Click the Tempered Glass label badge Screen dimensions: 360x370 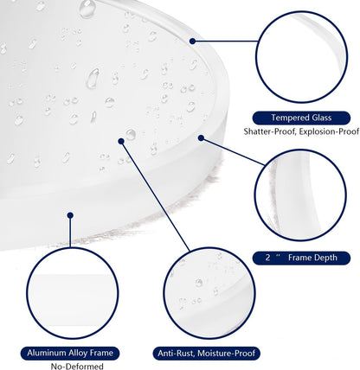301,118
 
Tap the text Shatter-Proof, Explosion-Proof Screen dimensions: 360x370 301,131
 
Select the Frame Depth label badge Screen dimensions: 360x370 301,258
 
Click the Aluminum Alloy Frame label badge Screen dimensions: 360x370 70,354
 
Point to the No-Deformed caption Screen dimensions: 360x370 77,367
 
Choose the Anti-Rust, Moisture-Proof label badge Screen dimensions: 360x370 207,354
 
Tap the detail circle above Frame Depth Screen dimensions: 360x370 254,195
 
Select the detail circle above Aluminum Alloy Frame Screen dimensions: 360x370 27,293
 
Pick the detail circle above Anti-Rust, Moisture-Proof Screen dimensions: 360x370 164,293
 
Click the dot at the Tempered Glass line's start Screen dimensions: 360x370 193,41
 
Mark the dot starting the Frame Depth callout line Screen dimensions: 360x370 201,138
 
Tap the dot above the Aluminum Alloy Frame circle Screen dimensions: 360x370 70,215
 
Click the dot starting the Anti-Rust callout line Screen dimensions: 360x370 121,141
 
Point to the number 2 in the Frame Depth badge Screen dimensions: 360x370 268,258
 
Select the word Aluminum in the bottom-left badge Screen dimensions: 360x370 47,353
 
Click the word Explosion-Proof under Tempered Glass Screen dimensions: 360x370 329,131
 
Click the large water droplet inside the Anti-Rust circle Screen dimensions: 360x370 199,283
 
